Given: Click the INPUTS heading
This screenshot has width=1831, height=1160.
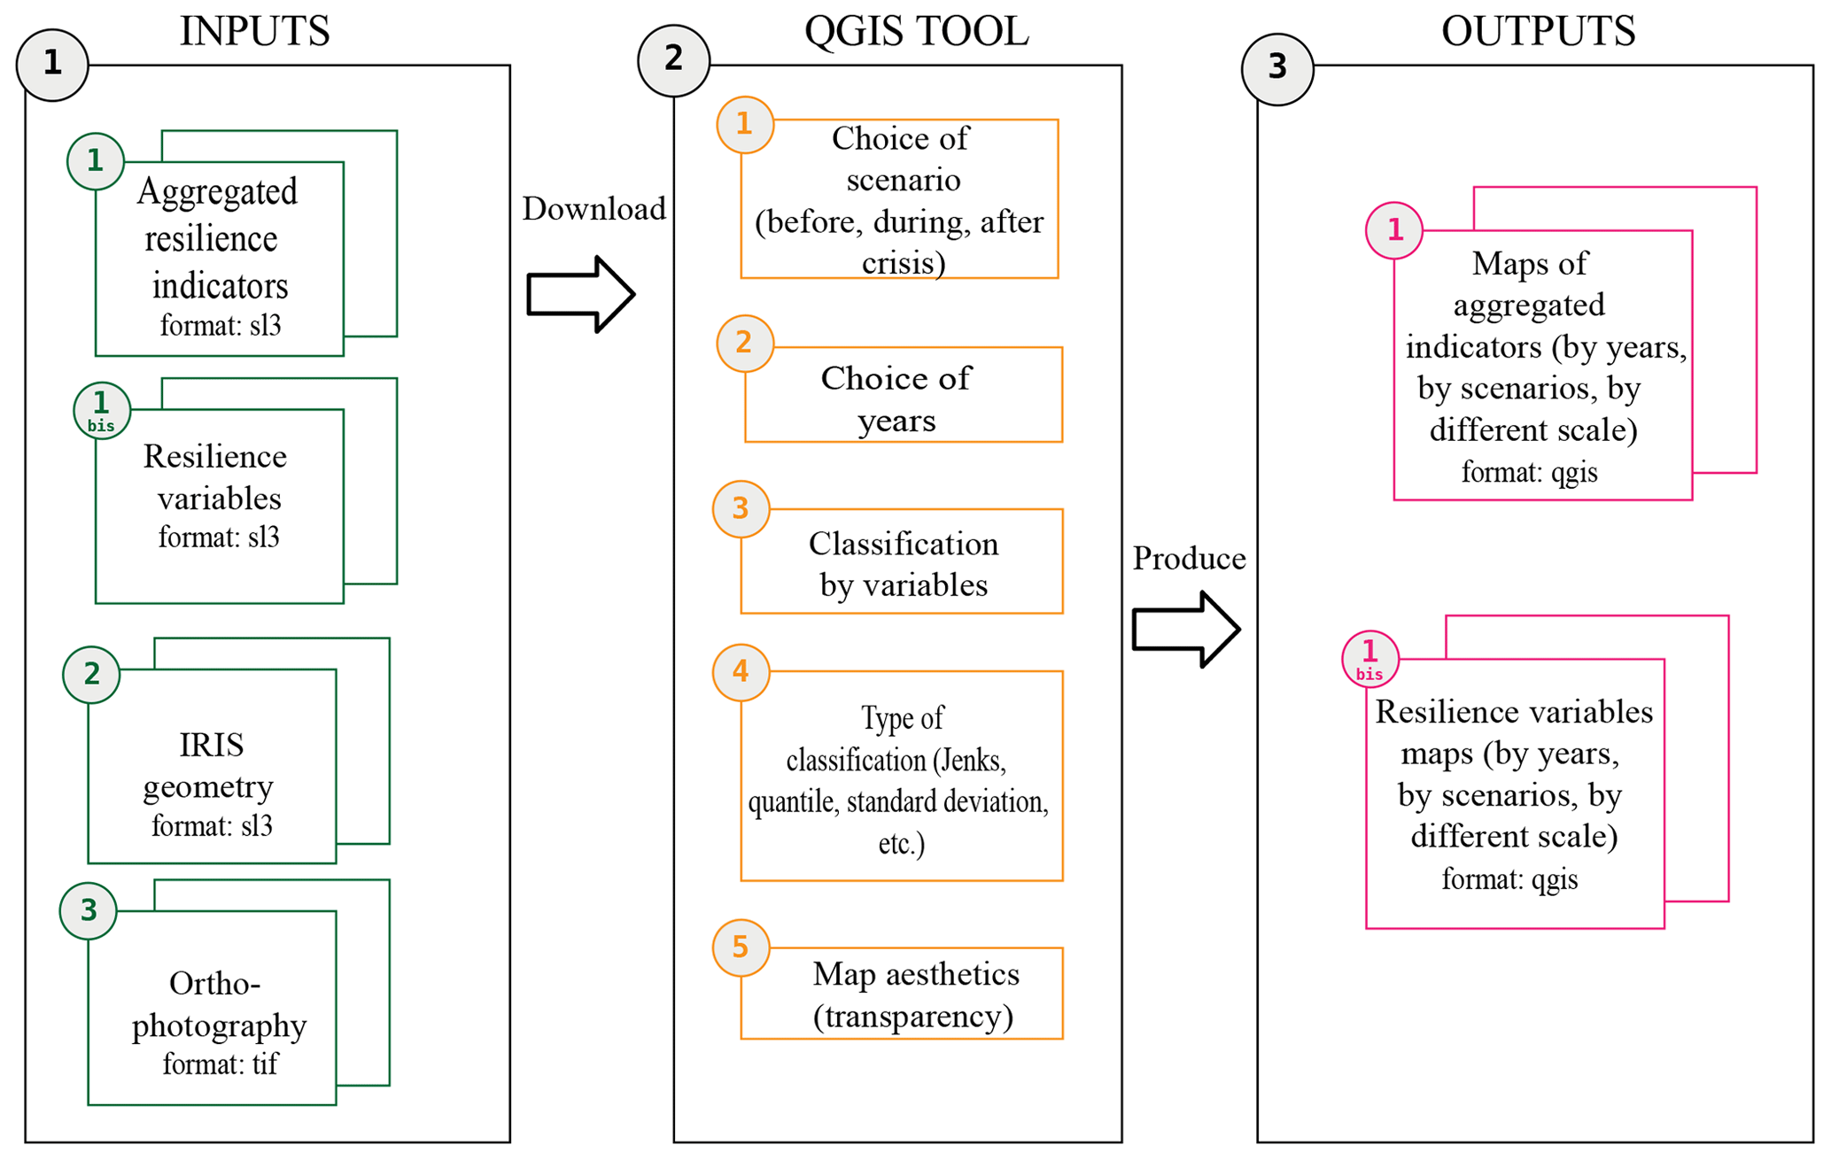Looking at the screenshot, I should click(254, 31).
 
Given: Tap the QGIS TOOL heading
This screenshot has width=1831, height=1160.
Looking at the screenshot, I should click(916, 31).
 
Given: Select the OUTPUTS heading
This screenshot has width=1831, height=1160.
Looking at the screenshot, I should click(1538, 31).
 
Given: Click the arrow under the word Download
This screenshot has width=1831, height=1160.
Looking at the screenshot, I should click(580, 295).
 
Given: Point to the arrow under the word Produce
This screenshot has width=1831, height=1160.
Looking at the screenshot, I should click(1185, 630).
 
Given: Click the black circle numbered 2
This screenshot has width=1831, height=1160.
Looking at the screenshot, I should click(674, 60).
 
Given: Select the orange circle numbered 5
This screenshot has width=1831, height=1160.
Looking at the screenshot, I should click(741, 947).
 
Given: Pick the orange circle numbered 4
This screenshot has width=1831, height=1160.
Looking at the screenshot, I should click(741, 672).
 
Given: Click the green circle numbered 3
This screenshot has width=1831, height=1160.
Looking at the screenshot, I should click(89, 911).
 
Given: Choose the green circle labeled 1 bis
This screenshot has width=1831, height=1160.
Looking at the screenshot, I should click(102, 411).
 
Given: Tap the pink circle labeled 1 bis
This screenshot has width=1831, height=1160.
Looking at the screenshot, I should click(1370, 659).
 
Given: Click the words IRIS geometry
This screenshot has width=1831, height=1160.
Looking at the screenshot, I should click(210, 765).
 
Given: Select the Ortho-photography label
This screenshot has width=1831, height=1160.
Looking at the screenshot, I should click(218, 1003).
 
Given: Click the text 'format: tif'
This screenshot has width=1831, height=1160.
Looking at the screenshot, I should click(220, 1063).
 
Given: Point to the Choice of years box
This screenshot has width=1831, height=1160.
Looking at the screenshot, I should click(903, 395).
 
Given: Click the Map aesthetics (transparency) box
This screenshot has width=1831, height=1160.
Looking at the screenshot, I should click(902, 994).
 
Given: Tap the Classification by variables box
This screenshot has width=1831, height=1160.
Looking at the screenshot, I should click(902, 561).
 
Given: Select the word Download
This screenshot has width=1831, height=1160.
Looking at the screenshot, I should click(594, 209).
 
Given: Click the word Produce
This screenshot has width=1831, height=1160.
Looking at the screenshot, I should click(1189, 559).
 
